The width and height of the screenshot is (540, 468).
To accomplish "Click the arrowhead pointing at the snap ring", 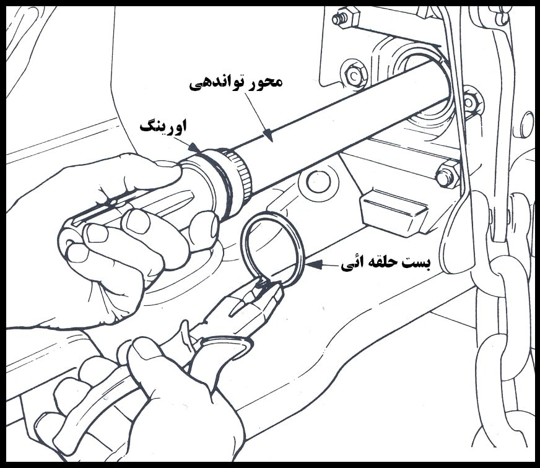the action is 313,264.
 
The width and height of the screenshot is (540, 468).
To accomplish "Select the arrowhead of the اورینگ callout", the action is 194,147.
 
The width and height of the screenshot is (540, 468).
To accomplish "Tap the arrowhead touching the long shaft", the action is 269,136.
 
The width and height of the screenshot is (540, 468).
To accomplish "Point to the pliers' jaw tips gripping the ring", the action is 263,284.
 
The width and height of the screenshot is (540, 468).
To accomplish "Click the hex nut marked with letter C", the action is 354,74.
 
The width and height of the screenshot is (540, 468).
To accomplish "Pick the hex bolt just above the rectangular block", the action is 448,174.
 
